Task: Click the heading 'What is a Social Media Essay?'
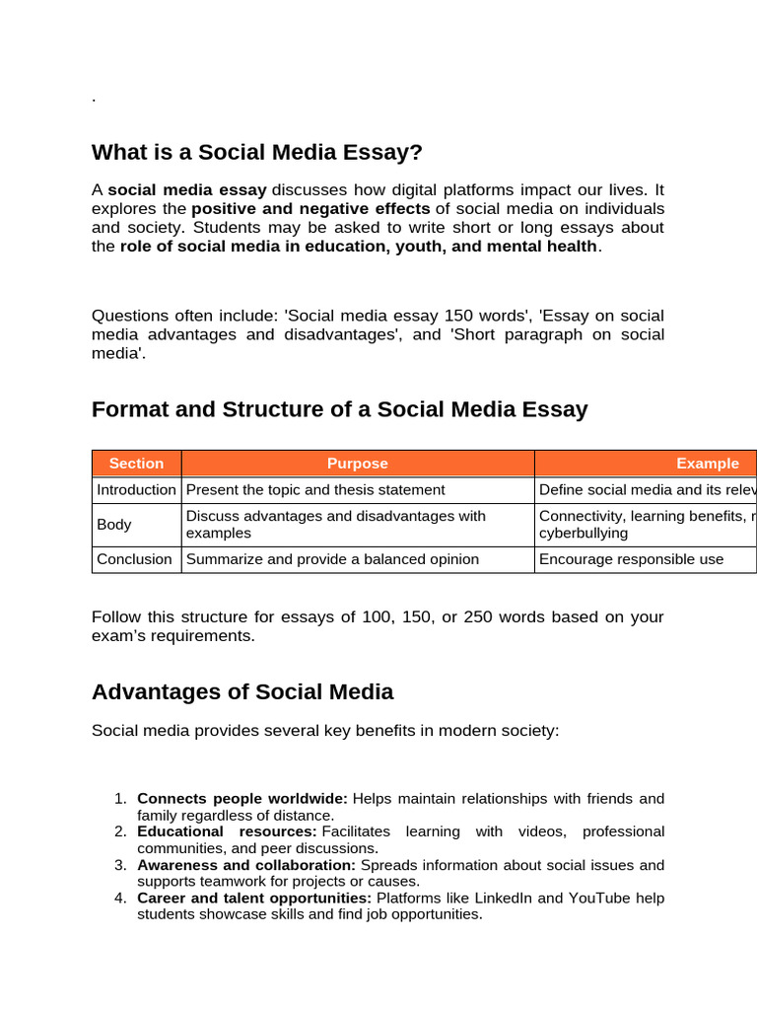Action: tap(256, 152)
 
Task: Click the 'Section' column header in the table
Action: tap(136, 464)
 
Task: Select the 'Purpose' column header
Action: tap(358, 464)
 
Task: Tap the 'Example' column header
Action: tap(707, 464)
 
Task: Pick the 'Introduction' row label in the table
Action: tap(136, 489)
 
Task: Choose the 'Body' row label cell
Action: tap(114, 525)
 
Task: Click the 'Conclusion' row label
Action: tap(134, 559)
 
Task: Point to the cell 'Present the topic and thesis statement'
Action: tap(315, 489)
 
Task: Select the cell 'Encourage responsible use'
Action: tap(631, 559)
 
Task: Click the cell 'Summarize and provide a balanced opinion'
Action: tap(332, 559)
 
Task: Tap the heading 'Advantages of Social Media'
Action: tap(242, 692)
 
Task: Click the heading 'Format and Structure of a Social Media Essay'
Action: tap(339, 409)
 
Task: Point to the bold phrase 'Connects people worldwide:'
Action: tap(242, 799)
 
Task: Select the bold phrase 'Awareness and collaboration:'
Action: tap(246, 865)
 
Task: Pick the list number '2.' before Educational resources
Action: tap(120, 831)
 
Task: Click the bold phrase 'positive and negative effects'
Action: tap(310, 209)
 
